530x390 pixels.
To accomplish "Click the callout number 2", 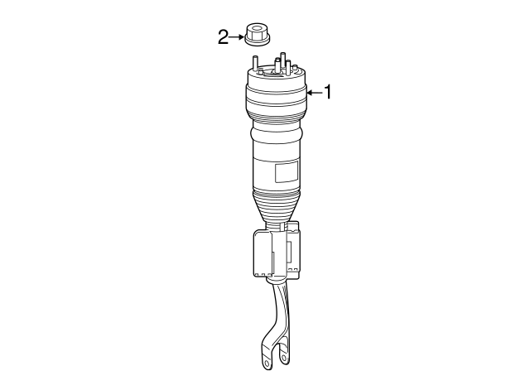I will pyautogui.click(x=223, y=36).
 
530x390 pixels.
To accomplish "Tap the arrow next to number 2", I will pyautogui.click(x=237, y=36).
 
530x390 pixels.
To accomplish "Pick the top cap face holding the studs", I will pyautogui.click(x=277, y=74).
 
